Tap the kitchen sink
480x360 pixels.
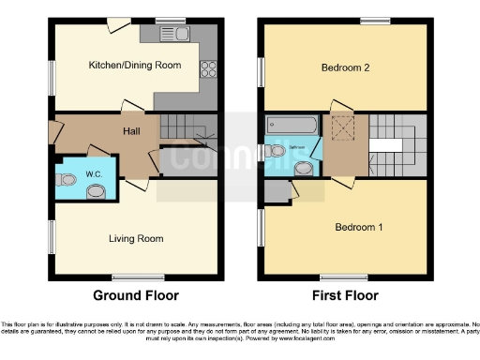tap(178, 35)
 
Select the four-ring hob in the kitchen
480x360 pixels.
tap(208, 67)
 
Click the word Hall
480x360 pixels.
tap(132, 132)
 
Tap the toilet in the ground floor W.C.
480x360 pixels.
tap(95, 191)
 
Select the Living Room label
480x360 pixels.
tap(136, 239)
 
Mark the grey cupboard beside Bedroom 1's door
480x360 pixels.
tap(277, 191)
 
